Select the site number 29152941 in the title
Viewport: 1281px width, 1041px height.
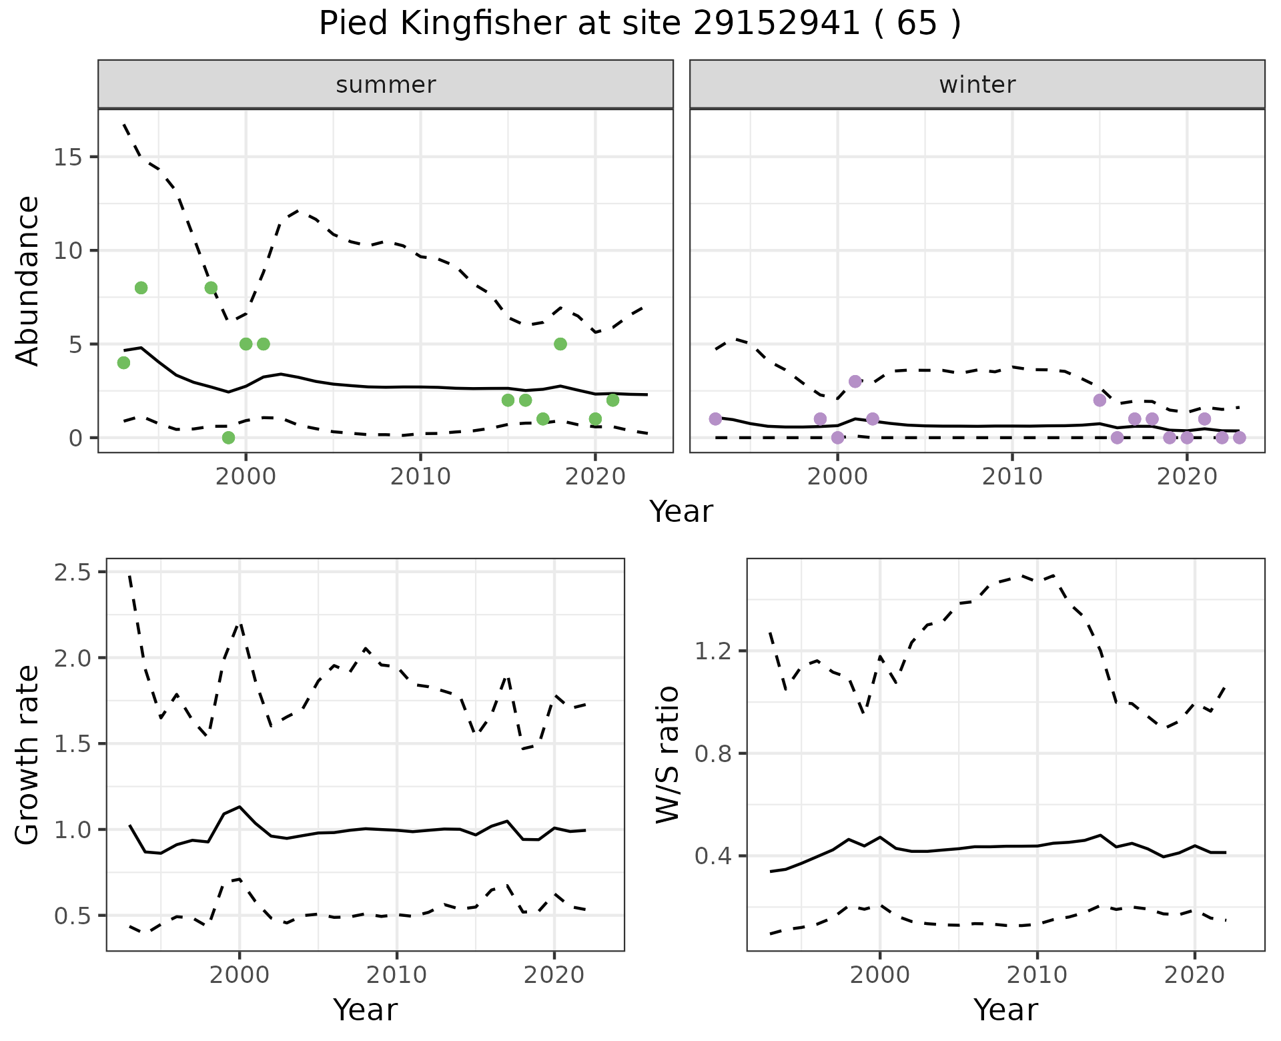777,24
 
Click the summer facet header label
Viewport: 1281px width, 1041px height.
386,85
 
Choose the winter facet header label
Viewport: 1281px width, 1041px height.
977,85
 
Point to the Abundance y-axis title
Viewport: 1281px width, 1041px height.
28,280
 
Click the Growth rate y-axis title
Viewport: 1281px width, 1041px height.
28,755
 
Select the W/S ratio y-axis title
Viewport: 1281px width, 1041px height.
667,755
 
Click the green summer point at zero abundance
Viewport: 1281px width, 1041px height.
228,438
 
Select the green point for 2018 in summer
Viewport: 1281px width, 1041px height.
560,344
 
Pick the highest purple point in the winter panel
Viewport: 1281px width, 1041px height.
855,381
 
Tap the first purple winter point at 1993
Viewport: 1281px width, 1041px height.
715,419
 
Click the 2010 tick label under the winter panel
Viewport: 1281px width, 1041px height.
1012,476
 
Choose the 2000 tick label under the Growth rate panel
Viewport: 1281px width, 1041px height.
240,975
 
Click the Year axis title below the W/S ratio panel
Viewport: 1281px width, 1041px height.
1005,1010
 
